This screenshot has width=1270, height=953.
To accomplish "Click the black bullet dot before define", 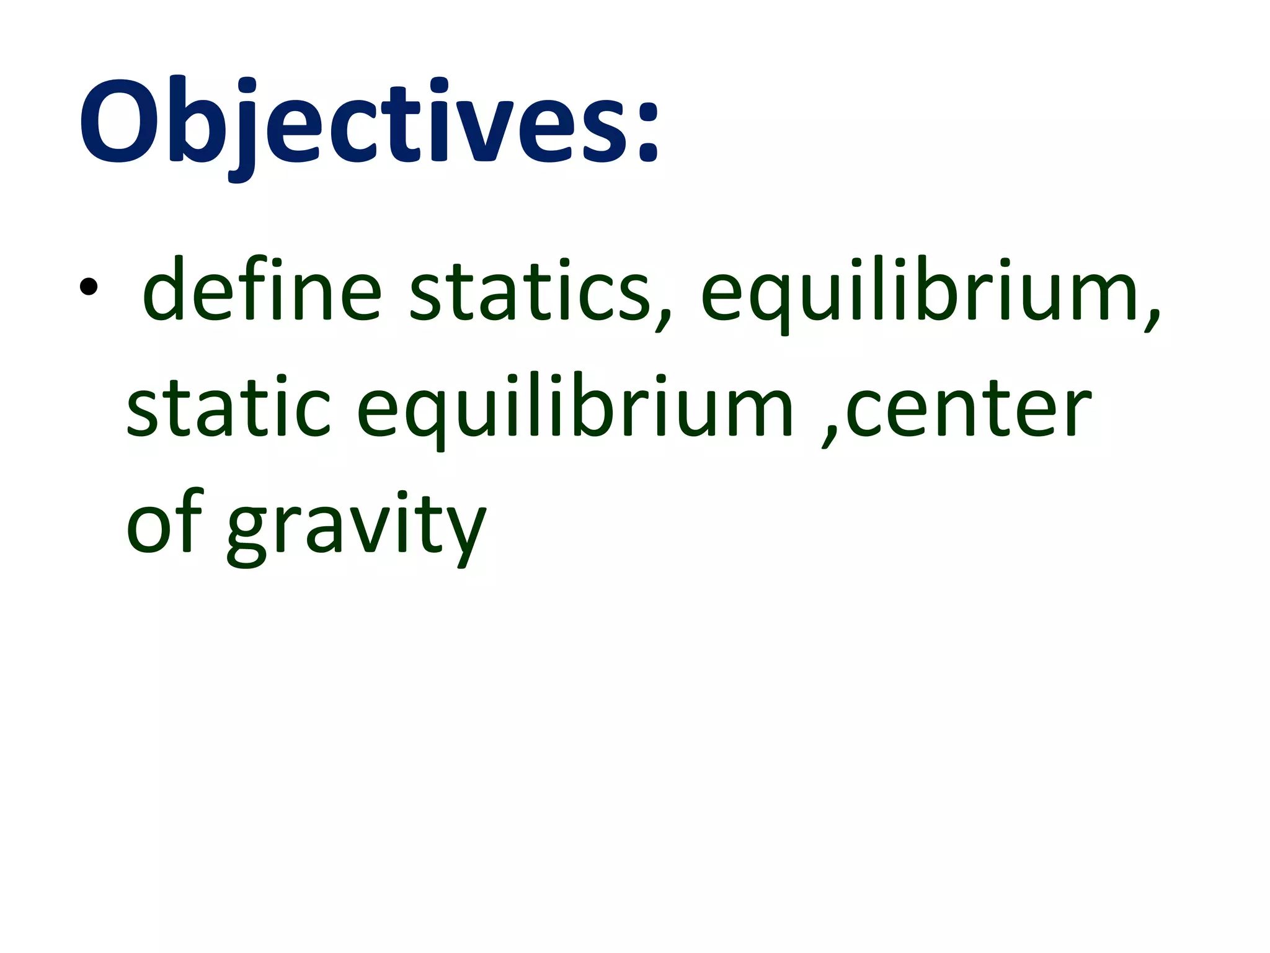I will tap(88, 287).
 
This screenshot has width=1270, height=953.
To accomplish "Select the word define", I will tap(261, 289).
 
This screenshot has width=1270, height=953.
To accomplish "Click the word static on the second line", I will tap(228, 406).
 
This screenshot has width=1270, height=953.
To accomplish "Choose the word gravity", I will tap(356, 527).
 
